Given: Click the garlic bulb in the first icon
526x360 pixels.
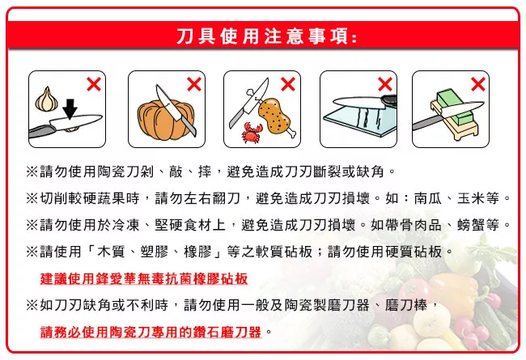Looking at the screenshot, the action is (x=46, y=99).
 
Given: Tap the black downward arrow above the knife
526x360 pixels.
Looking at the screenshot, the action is (x=70, y=108).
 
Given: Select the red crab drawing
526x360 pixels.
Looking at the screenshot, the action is (x=252, y=133).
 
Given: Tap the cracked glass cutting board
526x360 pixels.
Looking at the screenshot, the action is (x=359, y=120).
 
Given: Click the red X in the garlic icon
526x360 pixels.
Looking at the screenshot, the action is (x=94, y=84).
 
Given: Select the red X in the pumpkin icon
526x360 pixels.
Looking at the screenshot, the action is (x=194, y=84).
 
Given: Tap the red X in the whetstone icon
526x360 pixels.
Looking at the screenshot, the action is (x=477, y=84).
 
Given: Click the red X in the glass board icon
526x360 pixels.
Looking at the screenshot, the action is (x=384, y=84).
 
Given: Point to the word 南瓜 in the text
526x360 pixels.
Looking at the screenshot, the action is (x=428, y=198).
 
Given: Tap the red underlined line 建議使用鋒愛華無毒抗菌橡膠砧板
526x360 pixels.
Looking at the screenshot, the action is (x=144, y=279).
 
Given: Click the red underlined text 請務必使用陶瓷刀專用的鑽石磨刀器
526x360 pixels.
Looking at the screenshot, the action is (x=151, y=332).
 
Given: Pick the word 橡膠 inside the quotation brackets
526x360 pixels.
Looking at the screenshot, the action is (x=197, y=252).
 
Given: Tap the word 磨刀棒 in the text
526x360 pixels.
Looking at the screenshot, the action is (x=406, y=305).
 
